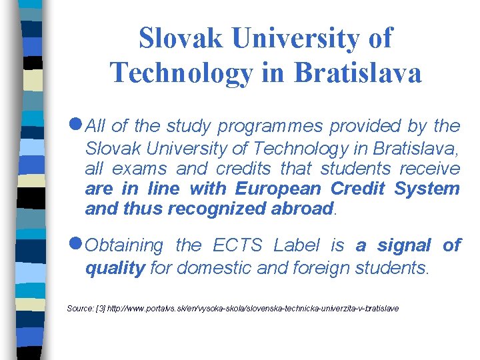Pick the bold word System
tap(427, 189)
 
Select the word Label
tap(298, 246)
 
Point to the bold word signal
tap(404, 246)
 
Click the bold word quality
tap(115, 268)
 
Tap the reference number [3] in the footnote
tap(101, 309)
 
